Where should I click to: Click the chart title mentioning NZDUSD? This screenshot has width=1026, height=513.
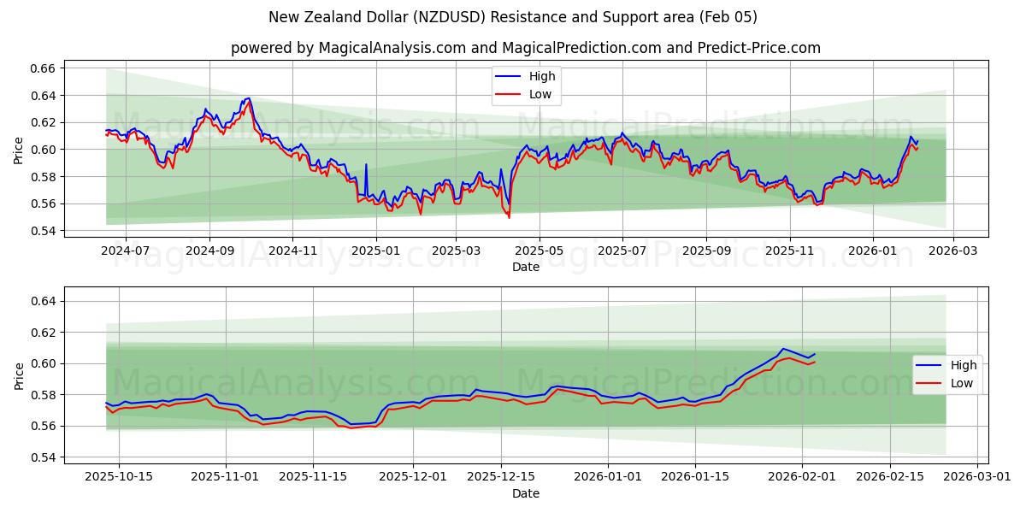513,17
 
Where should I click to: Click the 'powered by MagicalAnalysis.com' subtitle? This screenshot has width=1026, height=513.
525,48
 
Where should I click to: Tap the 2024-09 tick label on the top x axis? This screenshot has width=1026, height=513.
209,251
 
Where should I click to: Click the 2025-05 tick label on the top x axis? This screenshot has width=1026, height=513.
539,251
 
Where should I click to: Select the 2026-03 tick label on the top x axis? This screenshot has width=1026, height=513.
953,251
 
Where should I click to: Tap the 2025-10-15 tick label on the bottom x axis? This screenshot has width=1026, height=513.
119,477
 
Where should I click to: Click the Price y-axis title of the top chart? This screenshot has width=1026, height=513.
19,150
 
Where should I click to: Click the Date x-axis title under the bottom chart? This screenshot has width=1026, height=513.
525,493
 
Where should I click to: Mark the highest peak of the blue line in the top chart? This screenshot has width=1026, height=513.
248,98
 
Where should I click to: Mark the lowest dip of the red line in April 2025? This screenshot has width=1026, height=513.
509,217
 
